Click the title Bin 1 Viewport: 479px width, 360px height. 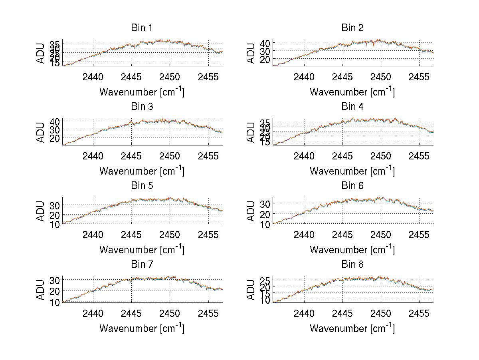click(x=142, y=28)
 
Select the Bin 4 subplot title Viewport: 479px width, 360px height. click(x=352, y=106)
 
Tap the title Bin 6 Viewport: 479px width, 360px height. click(x=352, y=185)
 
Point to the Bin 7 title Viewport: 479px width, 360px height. click(x=142, y=264)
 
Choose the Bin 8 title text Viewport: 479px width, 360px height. click(x=352, y=264)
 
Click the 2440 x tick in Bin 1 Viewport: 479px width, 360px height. click(x=93, y=77)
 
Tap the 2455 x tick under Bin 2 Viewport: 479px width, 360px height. click(x=419, y=77)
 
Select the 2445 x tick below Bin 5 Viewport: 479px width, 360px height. click(x=132, y=235)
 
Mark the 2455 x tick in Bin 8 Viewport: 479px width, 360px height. click(x=419, y=313)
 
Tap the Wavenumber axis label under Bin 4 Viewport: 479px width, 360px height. click(x=352, y=171)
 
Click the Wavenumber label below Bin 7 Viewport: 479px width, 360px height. click(x=142, y=328)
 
